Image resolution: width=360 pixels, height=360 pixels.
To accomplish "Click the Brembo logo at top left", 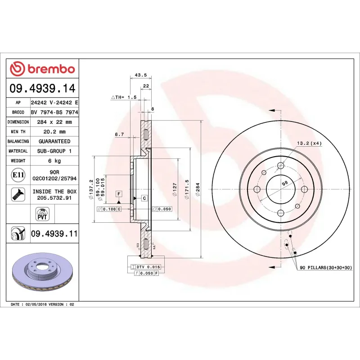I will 42,68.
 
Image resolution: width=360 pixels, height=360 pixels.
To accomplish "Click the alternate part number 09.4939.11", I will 54,234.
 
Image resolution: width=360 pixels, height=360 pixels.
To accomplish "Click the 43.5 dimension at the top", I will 140,75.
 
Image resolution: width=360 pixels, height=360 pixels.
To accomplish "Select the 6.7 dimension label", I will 119,134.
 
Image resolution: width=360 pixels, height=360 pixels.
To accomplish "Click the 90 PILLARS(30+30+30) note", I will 329,267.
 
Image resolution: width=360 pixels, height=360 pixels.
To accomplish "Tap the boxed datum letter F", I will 119,194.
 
